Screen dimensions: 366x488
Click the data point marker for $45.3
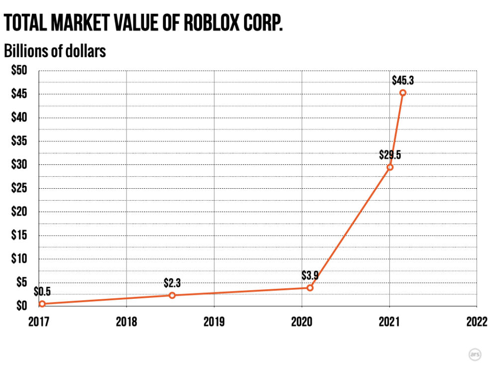(403, 93)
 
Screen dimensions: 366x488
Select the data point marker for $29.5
(390, 167)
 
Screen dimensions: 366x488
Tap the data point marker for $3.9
(310, 288)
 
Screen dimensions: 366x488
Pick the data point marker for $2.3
(172, 295)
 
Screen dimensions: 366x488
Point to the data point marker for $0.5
(42, 304)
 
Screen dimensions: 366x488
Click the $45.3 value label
(402, 80)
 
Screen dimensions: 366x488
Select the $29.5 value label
(390, 154)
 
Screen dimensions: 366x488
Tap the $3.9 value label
(310, 275)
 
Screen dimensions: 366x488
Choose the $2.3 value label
(172, 283)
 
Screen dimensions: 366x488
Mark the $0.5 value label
(42, 292)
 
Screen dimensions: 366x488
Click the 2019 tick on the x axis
(214, 322)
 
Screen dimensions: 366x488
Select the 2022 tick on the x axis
(477, 322)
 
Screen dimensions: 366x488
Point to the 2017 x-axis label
(39, 322)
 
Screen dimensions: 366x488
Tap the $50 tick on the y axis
(19, 71)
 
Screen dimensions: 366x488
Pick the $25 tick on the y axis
(19, 188)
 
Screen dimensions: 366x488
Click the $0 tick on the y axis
(21, 305)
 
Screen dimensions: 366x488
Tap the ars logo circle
(475, 354)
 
